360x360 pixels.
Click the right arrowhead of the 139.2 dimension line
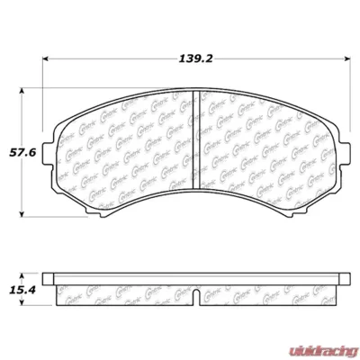pos(349,60)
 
